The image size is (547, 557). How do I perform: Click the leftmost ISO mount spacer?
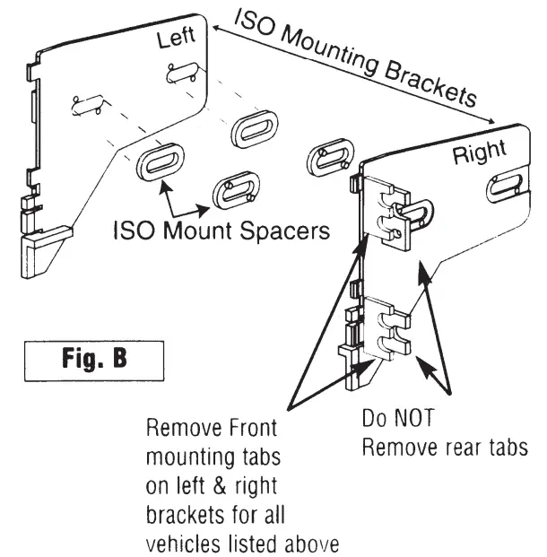161,164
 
